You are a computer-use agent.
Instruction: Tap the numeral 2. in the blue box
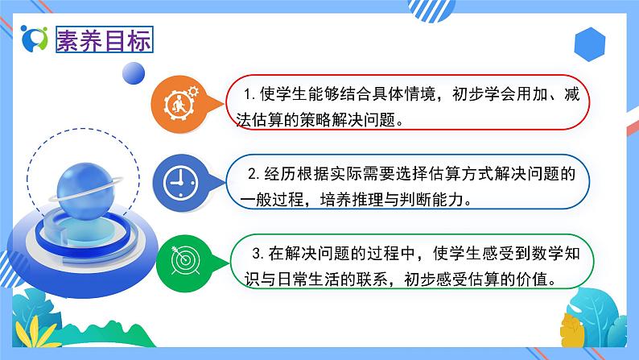252,173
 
